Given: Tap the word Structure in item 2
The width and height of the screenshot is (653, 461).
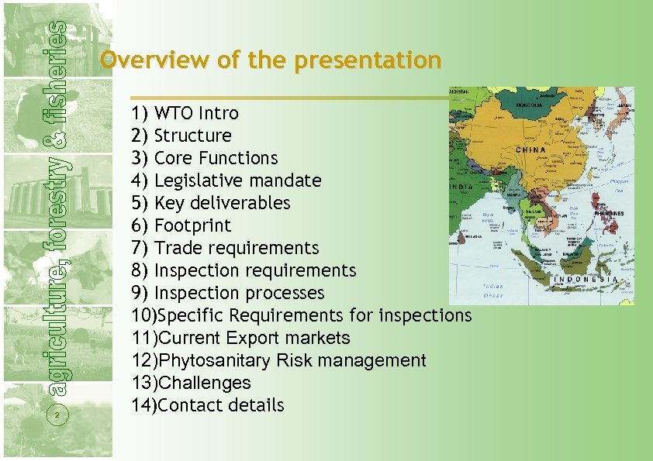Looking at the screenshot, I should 193,136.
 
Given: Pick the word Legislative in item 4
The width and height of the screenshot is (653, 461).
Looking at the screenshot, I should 194,181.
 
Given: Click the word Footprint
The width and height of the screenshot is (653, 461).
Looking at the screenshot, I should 193,225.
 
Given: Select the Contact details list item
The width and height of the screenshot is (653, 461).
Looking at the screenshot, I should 221,405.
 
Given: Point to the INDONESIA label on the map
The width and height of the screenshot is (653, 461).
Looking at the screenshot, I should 586,279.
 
